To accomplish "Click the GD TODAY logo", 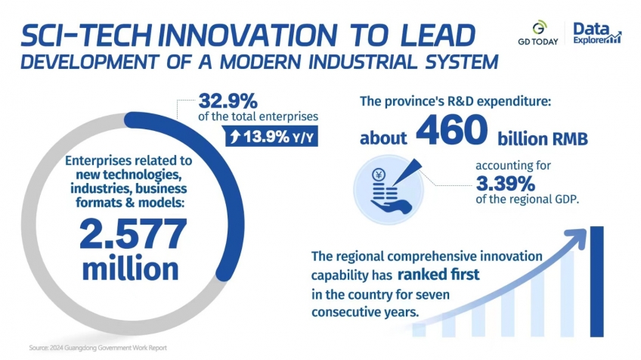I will coord(539,33).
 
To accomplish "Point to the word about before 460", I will coord(384,140).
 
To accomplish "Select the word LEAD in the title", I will coord(438,35).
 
